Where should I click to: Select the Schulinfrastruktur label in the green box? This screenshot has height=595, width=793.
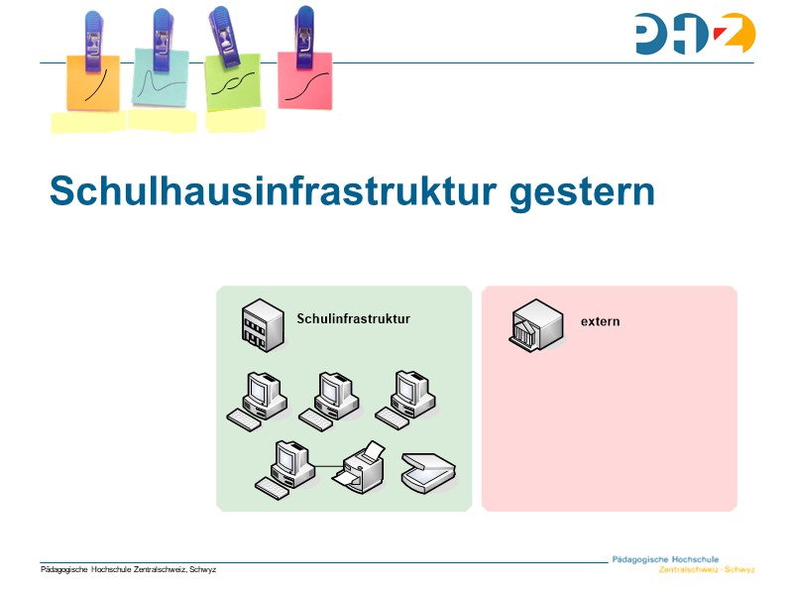(353, 318)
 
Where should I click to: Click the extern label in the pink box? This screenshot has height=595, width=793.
(600, 321)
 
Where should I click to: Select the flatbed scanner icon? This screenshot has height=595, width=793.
(427, 471)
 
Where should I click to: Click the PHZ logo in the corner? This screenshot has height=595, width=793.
(695, 34)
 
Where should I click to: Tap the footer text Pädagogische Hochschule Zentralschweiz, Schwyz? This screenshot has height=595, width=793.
(128, 569)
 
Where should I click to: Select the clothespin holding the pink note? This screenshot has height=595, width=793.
(304, 38)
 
